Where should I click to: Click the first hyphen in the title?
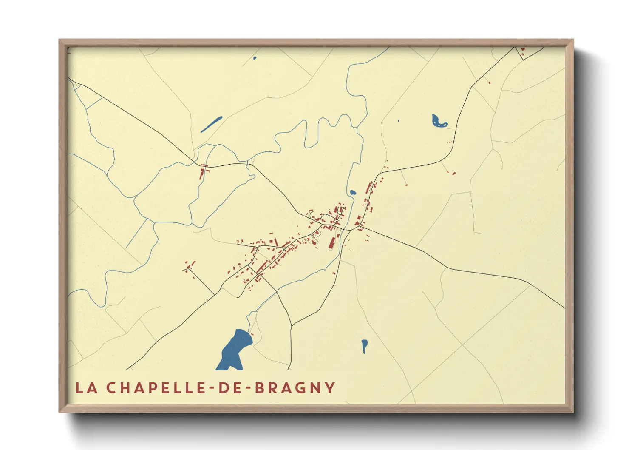point(211,388)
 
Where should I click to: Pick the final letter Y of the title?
point(330,387)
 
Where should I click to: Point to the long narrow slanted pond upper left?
point(211,124)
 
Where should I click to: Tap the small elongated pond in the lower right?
point(364,345)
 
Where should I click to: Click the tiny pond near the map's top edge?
point(255,58)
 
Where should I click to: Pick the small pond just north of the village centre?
point(352,192)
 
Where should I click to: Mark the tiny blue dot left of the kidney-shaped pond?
point(398,121)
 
